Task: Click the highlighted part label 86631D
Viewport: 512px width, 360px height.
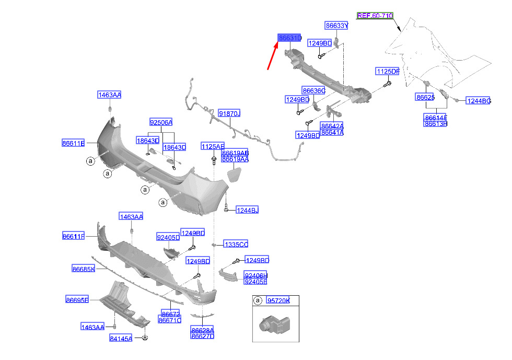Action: coord(290,38)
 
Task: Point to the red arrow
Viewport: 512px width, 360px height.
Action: coord(273,56)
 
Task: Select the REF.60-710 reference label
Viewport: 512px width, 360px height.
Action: coord(375,16)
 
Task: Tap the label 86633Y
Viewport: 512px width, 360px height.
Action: coord(336,25)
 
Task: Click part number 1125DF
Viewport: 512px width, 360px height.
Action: coord(388,71)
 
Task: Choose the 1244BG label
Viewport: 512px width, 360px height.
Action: coord(479,101)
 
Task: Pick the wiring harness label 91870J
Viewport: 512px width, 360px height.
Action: coord(229,113)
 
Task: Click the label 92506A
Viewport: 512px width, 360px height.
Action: coord(161,122)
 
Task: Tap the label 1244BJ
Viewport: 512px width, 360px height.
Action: coord(247,210)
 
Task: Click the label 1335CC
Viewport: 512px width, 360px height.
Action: coord(236,244)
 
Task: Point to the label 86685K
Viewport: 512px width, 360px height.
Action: coord(84,269)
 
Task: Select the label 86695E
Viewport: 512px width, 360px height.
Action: coord(77,299)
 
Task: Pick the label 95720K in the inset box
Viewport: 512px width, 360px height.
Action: coord(278,300)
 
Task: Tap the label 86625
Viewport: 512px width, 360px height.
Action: coord(425,98)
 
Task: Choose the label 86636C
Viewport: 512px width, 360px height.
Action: coord(313,90)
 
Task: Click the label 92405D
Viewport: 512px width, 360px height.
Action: coord(168,237)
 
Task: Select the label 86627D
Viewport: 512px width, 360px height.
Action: coord(202,337)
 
